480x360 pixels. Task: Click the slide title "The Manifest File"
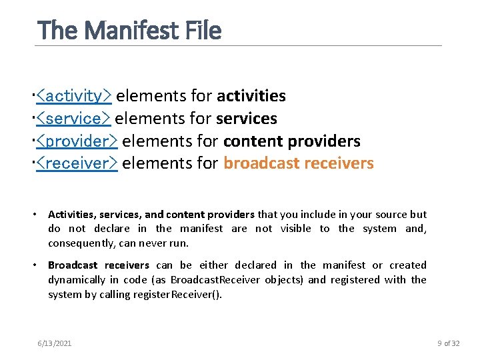[129, 30]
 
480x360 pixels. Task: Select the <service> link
[73, 119]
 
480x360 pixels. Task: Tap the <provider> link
[77, 141]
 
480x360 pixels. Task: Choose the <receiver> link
[77, 163]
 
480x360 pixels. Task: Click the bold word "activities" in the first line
[251, 96]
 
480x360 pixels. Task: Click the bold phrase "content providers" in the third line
[291, 141]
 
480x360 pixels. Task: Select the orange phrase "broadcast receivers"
[298, 163]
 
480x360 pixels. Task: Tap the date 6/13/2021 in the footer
[55, 343]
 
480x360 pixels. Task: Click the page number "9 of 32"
[449, 343]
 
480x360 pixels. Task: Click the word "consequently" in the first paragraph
[78, 243]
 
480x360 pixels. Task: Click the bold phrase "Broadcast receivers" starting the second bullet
[99, 265]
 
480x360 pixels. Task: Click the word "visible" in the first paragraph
[296, 229]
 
